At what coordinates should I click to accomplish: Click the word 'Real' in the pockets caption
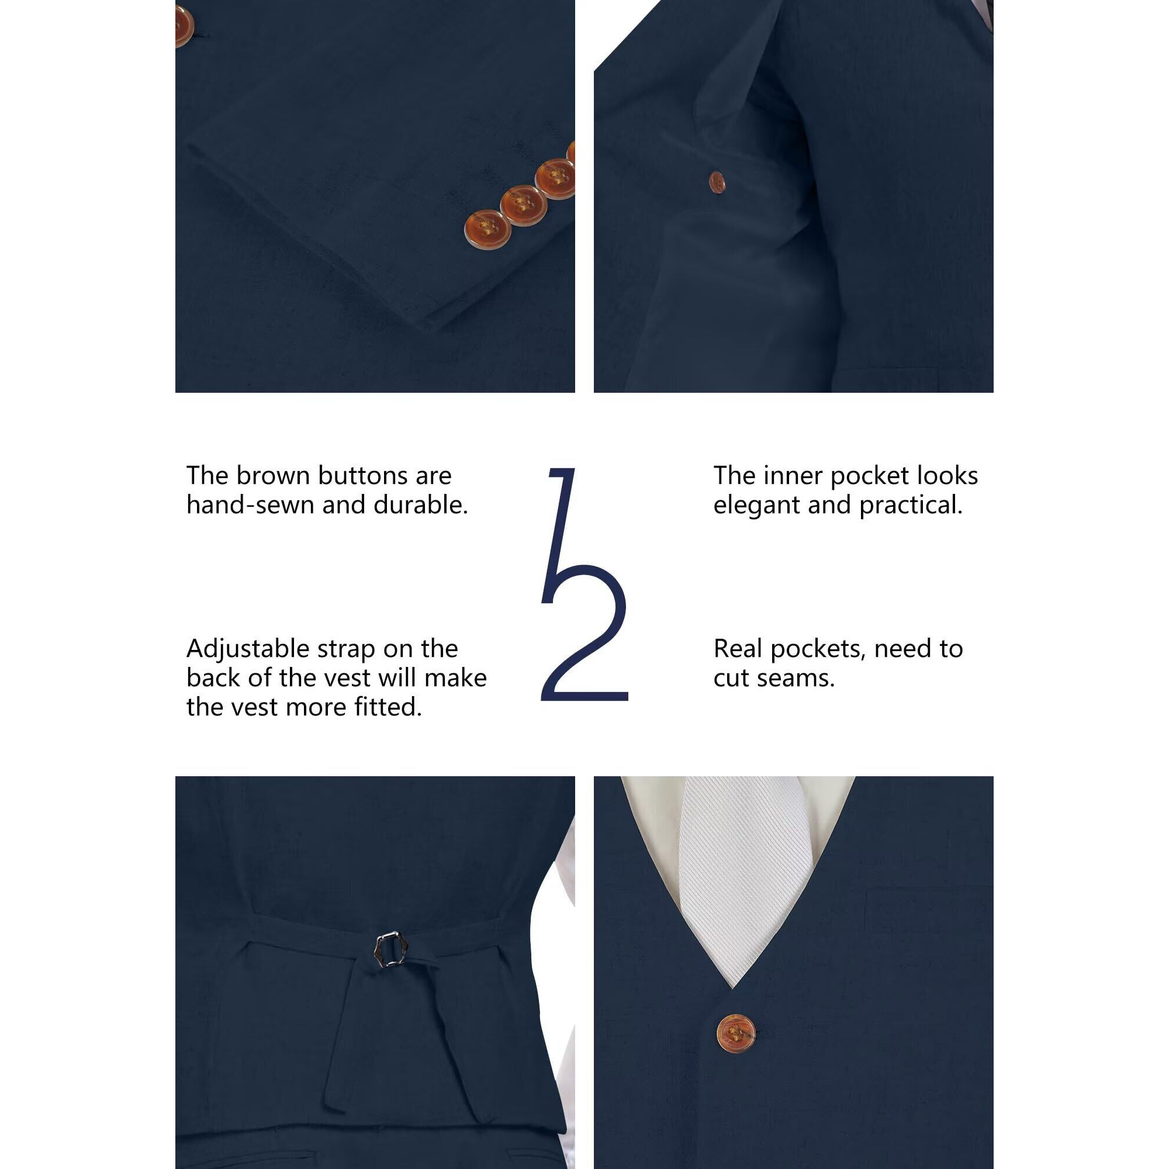coord(738,649)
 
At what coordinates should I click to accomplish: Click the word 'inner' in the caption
coord(793,476)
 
